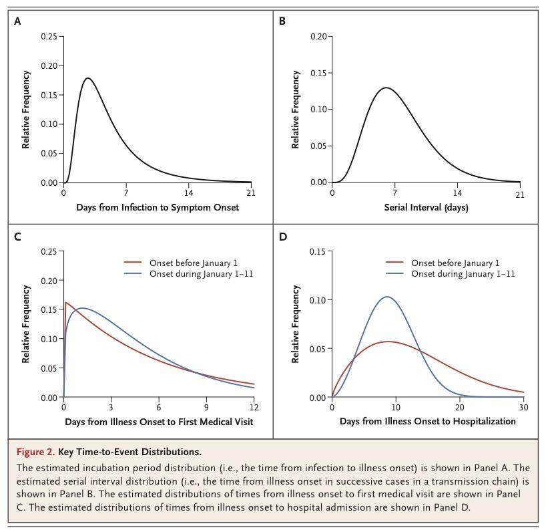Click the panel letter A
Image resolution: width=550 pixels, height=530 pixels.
point(17,21)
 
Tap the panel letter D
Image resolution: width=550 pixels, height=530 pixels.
point(282,237)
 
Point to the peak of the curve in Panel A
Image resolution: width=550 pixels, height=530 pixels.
point(88,78)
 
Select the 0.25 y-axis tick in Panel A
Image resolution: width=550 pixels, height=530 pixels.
point(49,35)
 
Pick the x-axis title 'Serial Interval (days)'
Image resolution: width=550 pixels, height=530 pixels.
point(426,208)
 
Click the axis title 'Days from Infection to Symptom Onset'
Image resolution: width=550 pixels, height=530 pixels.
point(158,208)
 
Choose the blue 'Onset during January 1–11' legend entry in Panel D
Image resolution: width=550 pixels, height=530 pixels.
point(463,274)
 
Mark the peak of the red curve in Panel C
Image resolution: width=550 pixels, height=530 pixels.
point(66,303)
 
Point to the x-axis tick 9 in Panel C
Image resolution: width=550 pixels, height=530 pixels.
point(206,407)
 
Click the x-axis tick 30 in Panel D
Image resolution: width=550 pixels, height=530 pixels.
point(523,407)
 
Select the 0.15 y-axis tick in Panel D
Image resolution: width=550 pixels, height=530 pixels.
point(318,251)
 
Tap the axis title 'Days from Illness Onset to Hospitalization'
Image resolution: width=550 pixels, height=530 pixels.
point(427,422)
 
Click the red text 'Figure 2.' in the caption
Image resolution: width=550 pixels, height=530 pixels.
point(34,452)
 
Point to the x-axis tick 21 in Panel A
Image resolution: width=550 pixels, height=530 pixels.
point(251,193)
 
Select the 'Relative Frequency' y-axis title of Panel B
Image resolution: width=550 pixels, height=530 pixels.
point(296,110)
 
